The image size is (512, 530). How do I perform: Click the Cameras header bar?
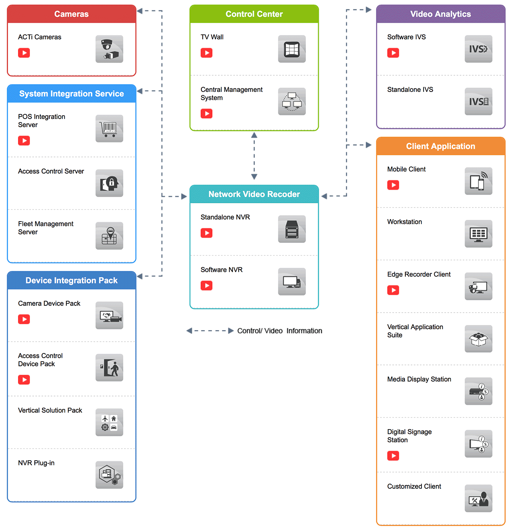pyautogui.click(x=71, y=14)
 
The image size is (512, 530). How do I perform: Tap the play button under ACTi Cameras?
pyautogui.click(x=24, y=53)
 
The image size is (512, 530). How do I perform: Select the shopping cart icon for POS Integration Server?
pyautogui.click(x=109, y=128)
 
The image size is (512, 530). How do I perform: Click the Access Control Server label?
pyautogui.click(x=51, y=171)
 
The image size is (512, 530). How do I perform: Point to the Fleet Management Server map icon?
pyautogui.click(x=109, y=236)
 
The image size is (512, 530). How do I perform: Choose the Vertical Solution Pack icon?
pyautogui.click(x=109, y=422)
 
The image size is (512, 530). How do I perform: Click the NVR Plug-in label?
pyautogui.click(x=36, y=463)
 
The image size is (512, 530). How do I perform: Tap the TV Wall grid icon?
pyautogui.click(x=291, y=49)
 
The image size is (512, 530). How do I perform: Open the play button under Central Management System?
pyautogui.click(x=206, y=113)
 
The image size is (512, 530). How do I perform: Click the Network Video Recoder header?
pyautogui.click(x=254, y=194)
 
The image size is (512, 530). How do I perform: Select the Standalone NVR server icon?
pyautogui.click(x=291, y=229)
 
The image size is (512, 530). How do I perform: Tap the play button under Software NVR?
pyautogui.click(x=206, y=285)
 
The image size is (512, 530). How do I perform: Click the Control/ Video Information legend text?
pyautogui.click(x=280, y=331)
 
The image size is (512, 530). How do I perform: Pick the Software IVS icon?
pyautogui.click(x=478, y=49)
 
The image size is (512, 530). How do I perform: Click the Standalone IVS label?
pyautogui.click(x=410, y=90)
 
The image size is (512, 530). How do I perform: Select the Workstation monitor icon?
pyautogui.click(x=478, y=234)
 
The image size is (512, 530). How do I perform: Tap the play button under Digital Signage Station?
pyautogui.click(x=393, y=456)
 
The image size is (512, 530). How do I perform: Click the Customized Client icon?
pyautogui.click(x=478, y=498)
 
